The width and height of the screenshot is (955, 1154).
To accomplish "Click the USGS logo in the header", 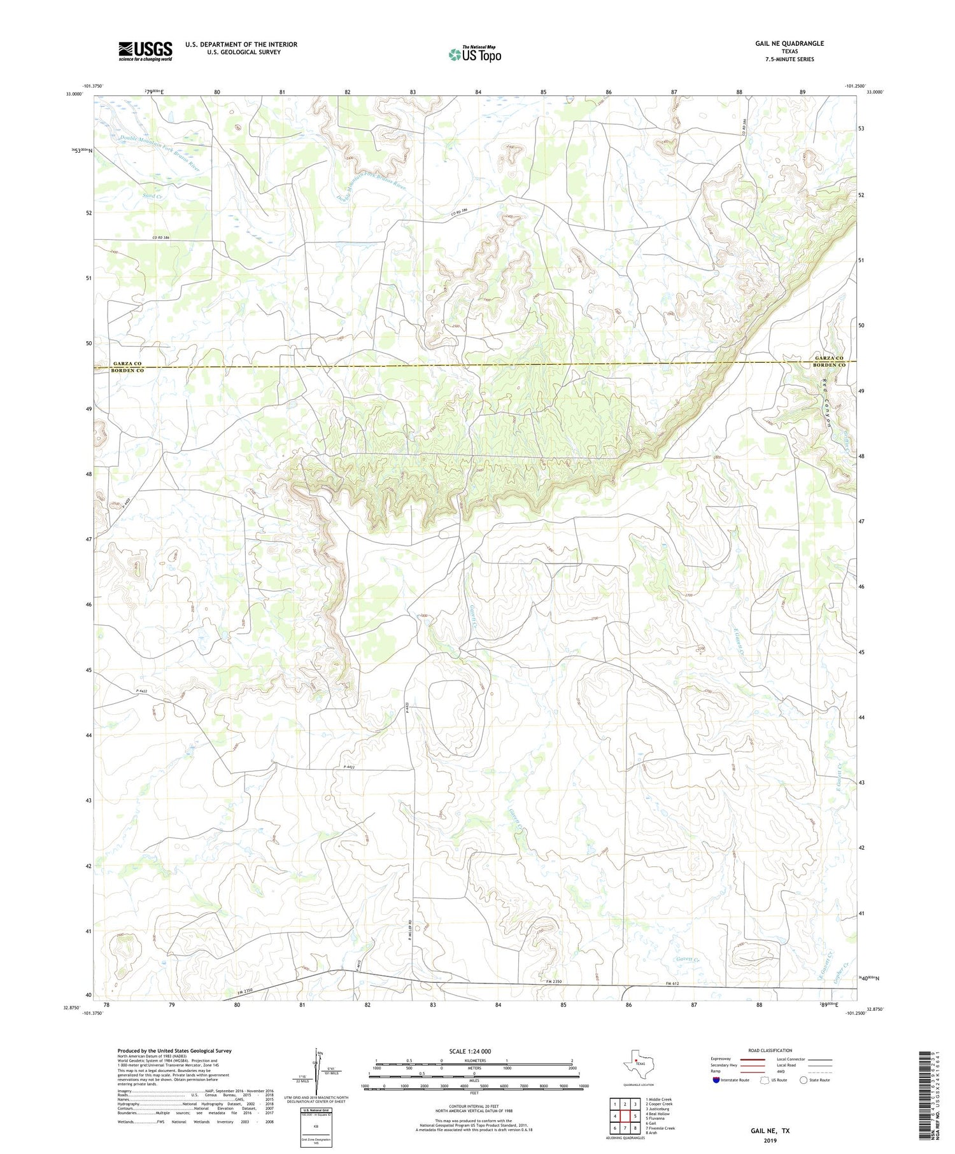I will pyautogui.click(x=145, y=51).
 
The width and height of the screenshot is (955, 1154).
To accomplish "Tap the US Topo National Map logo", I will pyautogui.click(x=475, y=54).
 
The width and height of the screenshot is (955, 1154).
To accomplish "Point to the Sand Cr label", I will pyautogui.click(x=153, y=196).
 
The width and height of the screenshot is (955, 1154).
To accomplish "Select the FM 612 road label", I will pyautogui.click(x=667, y=984).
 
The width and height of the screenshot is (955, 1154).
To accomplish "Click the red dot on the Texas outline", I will pyautogui.click(x=636, y=1060).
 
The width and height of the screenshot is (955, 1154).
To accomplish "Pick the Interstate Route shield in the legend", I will pyautogui.click(x=716, y=1080).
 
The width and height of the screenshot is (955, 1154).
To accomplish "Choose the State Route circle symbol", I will pyautogui.click(x=804, y=1080).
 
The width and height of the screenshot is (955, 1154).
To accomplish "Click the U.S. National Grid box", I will pyautogui.click(x=316, y=1127).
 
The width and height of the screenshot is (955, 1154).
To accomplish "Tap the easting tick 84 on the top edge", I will pyautogui.click(x=478, y=92).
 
